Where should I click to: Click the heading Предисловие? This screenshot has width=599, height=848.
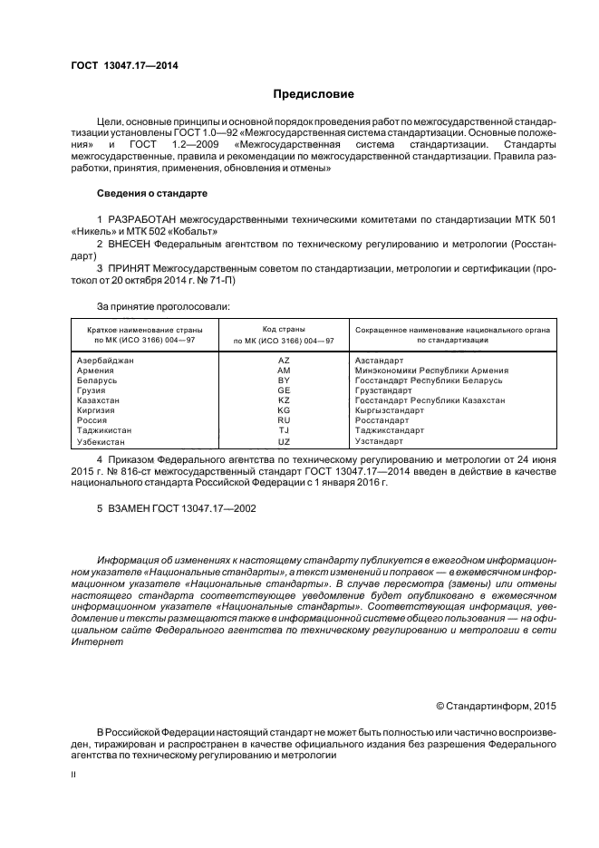tap(314, 94)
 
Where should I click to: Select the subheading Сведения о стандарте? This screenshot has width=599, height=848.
tap(152, 194)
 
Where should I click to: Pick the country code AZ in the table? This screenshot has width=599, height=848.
tap(284, 361)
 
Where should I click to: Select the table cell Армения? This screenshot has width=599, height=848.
tap(96, 371)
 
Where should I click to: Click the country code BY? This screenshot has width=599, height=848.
tap(284, 381)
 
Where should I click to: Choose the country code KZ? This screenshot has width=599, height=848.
tap(284, 400)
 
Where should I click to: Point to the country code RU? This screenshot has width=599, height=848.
tap(284, 420)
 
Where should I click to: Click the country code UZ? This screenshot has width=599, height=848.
tap(284, 440)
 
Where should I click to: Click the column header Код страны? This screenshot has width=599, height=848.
tap(284, 328)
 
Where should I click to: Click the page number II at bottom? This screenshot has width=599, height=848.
tap(73, 775)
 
